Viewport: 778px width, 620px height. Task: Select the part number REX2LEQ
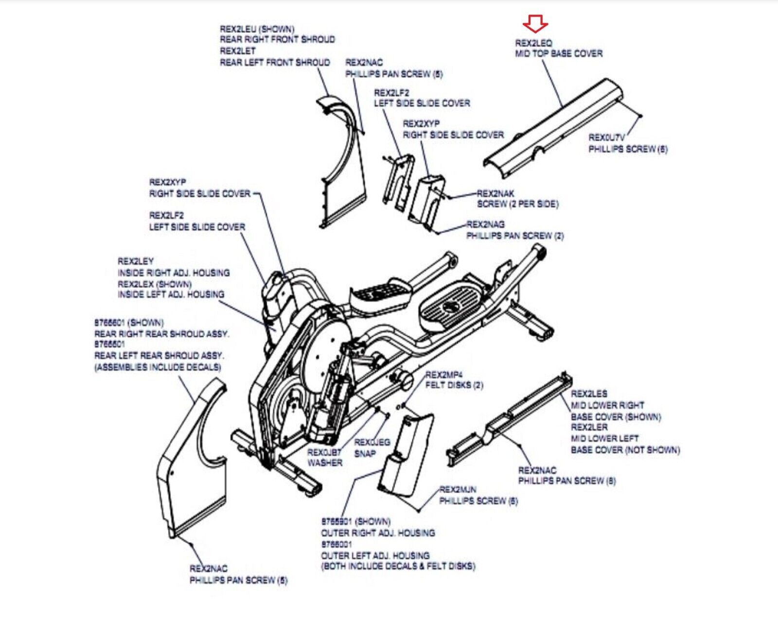click(x=533, y=43)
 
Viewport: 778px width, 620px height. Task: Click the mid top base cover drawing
click(x=554, y=129)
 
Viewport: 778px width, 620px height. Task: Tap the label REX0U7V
click(x=606, y=138)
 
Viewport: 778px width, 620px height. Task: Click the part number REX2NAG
click(x=485, y=224)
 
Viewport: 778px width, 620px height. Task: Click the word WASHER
click(x=325, y=463)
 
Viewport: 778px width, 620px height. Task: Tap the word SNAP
click(x=365, y=453)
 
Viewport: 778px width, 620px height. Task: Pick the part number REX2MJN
click(x=458, y=489)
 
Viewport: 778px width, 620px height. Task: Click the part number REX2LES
click(x=589, y=394)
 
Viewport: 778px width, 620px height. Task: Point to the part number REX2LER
click(x=589, y=427)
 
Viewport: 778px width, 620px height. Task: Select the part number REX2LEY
click(x=136, y=261)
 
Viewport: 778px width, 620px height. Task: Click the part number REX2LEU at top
click(x=238, y=29)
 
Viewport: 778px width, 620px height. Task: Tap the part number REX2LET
click(x=237, y=51)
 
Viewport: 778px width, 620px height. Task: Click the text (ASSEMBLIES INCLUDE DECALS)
click(x=158, y=367)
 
